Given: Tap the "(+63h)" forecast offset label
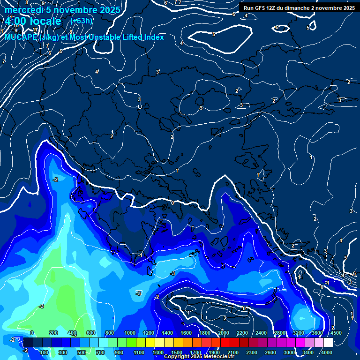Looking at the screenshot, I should [81, 21].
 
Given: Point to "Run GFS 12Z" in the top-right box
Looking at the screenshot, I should [260, 8].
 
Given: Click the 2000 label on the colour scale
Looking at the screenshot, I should [224, 333].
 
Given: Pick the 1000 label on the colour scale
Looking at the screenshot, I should [130, 333].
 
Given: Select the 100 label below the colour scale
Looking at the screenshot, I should [45, 352].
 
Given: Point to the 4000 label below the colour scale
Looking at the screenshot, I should [327, 352].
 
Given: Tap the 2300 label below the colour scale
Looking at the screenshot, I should [252, 352].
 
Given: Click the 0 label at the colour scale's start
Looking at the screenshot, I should [32, 333].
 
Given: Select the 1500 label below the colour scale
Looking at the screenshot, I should [177, 352].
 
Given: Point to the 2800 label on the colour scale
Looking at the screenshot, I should [280, 333].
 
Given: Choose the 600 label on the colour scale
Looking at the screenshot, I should [90, 333].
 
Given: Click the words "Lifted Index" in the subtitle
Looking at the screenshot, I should [141, 37].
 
